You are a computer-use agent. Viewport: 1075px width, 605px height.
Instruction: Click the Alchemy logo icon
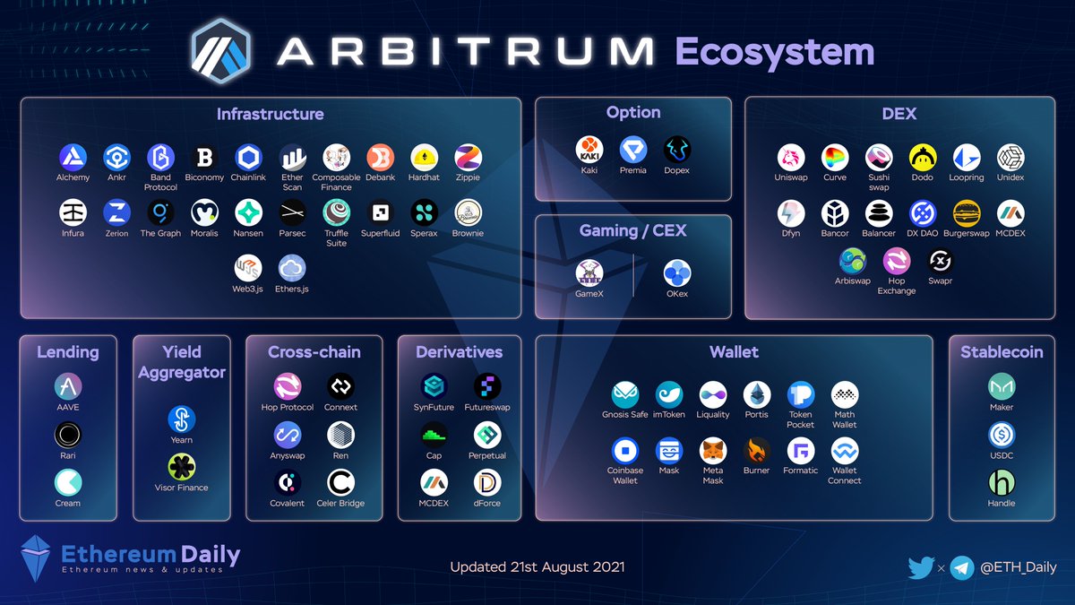coord(73,158)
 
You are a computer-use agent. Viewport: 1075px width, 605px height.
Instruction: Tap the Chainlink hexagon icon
coord(248,158)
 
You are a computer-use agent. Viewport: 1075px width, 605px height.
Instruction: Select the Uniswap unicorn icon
coord(791,158)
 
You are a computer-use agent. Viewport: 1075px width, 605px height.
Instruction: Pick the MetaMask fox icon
coord(713,450)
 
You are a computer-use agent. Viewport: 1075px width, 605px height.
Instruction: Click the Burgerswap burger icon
coord(966,213)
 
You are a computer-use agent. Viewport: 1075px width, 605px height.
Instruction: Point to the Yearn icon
coord(181,419)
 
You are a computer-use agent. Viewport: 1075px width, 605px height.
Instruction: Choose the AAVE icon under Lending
coord(68,386)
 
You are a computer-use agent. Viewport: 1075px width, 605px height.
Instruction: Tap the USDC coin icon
coord(1001,436)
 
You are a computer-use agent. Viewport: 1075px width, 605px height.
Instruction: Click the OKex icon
coord(677,273)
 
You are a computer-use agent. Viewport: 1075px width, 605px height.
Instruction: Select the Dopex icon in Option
coord(677,150)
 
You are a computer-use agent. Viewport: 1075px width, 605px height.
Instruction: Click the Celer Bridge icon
coord(340,483)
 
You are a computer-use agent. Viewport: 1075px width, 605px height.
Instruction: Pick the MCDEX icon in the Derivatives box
coord(434,483)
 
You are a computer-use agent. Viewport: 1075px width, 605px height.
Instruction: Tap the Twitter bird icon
coord(921,566)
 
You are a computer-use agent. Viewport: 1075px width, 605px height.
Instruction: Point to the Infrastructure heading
coord(270,114)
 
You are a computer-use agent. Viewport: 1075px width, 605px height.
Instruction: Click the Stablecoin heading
coord(1002,351)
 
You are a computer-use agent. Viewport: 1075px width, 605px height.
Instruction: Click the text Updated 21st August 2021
coord(537,566)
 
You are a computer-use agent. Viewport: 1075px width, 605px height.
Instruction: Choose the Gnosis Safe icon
coord(625,394)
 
